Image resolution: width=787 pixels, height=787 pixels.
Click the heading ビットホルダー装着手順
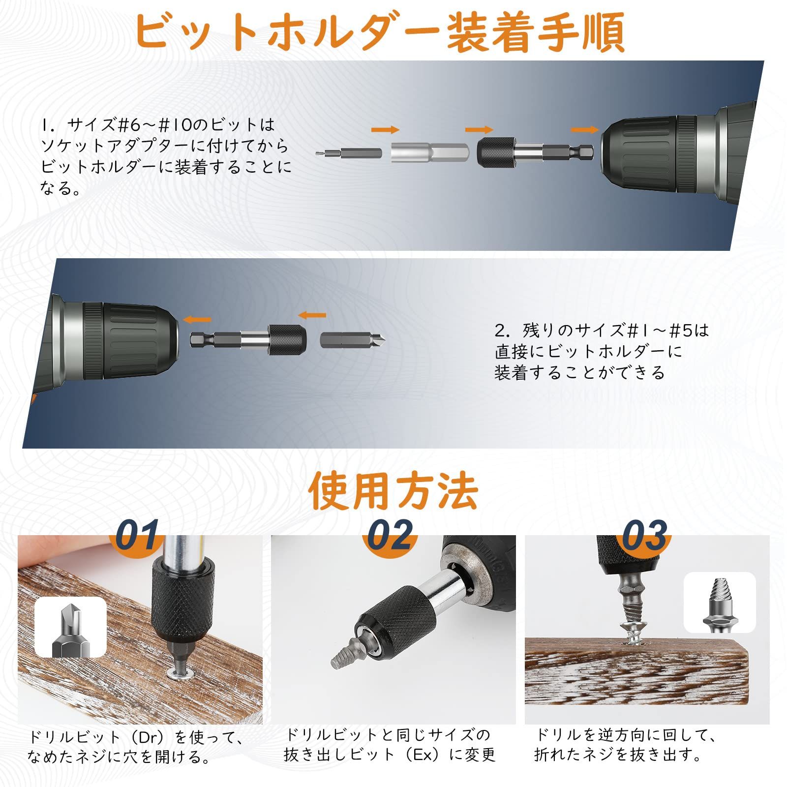point(379,32)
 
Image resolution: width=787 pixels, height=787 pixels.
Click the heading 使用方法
point(393,490)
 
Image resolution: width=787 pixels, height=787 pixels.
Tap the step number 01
point(137,535)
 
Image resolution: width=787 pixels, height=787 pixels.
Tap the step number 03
point(645,535)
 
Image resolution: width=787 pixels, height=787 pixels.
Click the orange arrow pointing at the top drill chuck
point(584,130)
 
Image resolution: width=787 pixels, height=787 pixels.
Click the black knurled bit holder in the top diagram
point(535,152)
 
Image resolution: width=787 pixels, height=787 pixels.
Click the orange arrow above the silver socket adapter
point(385,130)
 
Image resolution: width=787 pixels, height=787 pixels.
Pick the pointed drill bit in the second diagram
point(353,339)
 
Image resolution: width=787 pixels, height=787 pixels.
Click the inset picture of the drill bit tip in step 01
point(71,627)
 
